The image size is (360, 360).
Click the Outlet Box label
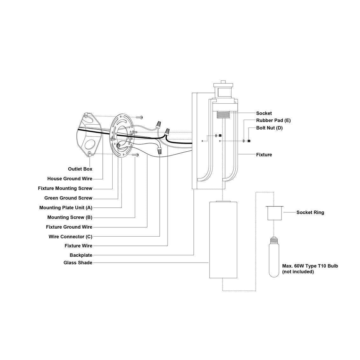click(x=80, y=169)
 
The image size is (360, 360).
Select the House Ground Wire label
click(x=70, y=179)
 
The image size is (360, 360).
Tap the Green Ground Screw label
click(x=68, y=198)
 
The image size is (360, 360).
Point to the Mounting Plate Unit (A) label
click(x=66, y=208)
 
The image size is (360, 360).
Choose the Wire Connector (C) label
click(x=70, y=237)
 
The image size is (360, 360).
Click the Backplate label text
click(x=81, y=255)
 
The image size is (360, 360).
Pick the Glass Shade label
click(x=78, y=263)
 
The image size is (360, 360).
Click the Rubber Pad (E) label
click(x=273, y=121)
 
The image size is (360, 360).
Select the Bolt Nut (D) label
click(x=269, y=128)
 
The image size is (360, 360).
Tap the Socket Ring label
click(x=310, y=212)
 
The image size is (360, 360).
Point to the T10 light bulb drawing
click(x=273, y=257)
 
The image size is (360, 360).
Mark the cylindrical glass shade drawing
click(x=223, y=240)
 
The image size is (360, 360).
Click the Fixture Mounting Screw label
click(x=65, y=188)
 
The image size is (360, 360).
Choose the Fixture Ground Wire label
click(x=69, y=227)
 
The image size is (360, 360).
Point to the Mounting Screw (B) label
click(x=70, y=218)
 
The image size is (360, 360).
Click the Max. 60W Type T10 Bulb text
click(x=310, y=266)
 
